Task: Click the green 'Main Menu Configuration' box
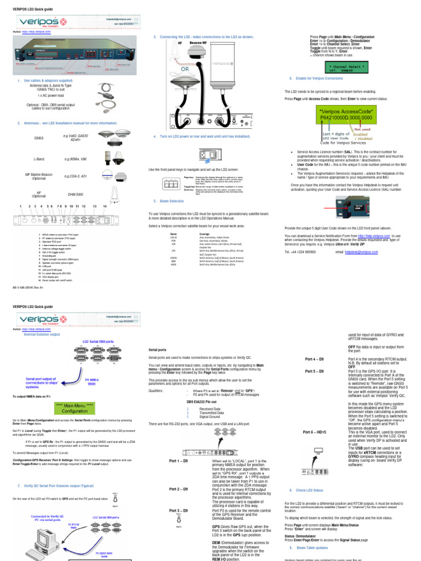pos(74,408)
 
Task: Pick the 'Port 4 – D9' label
pos(314,358)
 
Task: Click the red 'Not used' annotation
pos(378,130)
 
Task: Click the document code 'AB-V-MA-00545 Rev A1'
pos(27,288)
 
